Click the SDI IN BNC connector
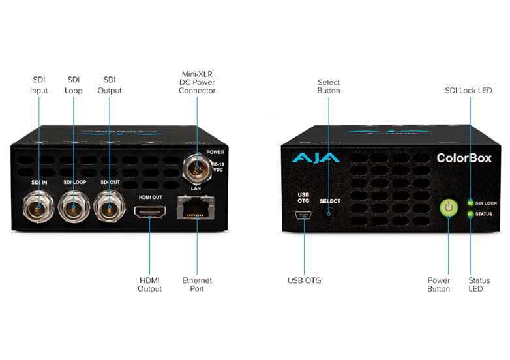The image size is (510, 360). pyautogui.click(x=38, y=206)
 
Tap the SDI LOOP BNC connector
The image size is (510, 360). pyautogui.click(x=74, y=206)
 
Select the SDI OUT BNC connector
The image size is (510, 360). pyautogui.click(x=110, y=206)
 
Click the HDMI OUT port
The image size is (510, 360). pyautogui.click(x=150, y=212)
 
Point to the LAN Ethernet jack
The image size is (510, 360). pyautogui.click(x=196, y=208)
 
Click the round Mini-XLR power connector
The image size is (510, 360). pyautogui.click(x=197, y=168)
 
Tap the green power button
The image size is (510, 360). pyautogui.click(x=449, y=207)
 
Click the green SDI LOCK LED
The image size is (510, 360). pyautogui.click(x=470, y=203)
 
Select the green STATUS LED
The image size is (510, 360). pyautogui.click(x=470, y=214)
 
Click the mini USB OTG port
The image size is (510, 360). pyautogui.click(x=303, y=215)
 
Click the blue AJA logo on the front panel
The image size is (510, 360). pyautogui.click(x=316, y=158)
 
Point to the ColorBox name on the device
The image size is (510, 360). pyautogui.click(x=464, y=158)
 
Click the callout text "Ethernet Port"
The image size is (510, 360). pyautogui.click(x=197, y=284)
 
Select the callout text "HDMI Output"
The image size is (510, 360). pyautogui.click(x=149, y=284)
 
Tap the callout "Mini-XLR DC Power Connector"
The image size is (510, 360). pyautogui.click(x=197, y=82)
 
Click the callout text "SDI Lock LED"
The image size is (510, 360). pyautogui.click(x=468, y=91)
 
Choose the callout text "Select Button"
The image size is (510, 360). pyautogui.click(x=329, y=86)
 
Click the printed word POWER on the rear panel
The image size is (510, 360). pyautogui.click(x=215, y=152)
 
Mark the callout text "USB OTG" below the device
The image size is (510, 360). pyautogui.click(x=305, y=280)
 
